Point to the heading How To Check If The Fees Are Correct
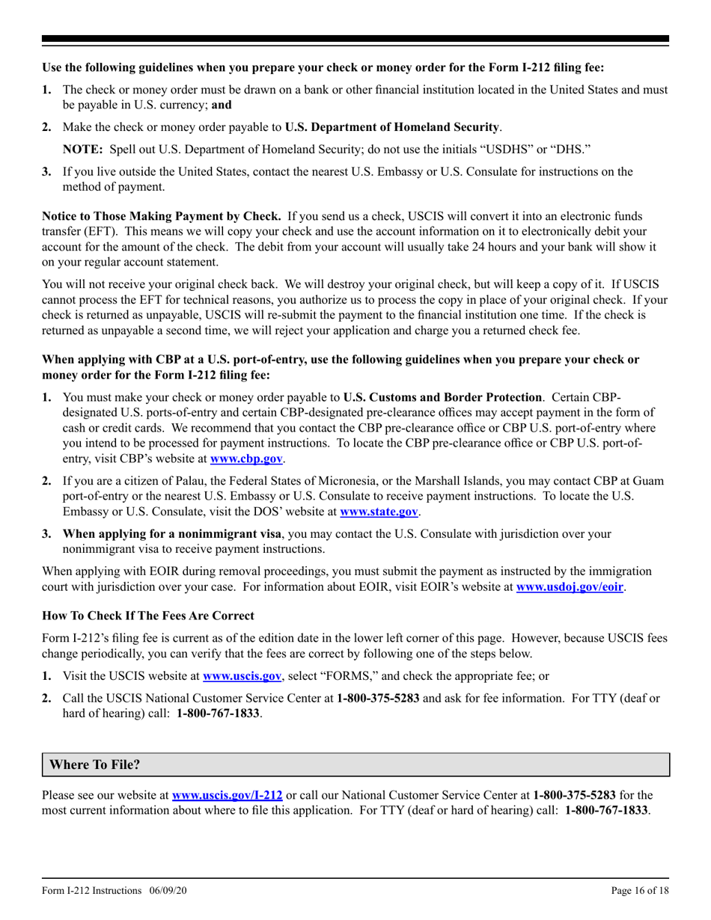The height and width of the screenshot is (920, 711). [x=148, y=616]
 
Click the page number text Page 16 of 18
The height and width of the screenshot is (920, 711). [x=639, y=891]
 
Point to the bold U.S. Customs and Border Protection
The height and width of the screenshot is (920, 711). [x=443, y=397]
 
